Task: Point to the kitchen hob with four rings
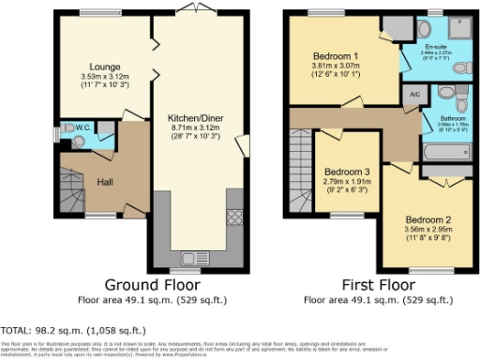pyautogui.click(x=233, y=217)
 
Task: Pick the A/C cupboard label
pyautogui.click(x=414, y=95)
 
